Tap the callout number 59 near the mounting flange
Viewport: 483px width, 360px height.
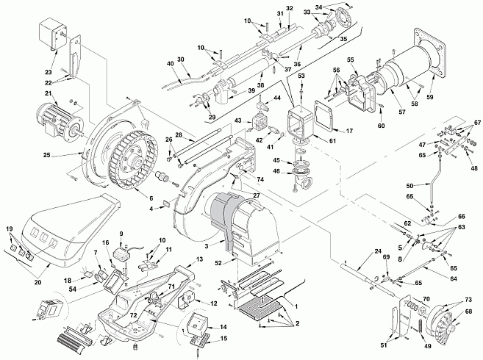click(x=430, y=97)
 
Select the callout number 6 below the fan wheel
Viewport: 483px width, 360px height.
click(x=151, y=198)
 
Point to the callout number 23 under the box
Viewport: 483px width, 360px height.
click(x=49, y=72)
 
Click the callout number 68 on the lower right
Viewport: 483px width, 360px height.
click(x=468, y=312)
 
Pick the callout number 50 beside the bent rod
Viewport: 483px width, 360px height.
click(x=409, y=186)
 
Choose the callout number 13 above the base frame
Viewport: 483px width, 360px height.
click(x=200, y=259)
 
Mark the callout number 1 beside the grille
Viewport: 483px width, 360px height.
click(x=296, y=306)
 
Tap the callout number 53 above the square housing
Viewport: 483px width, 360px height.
click(x=301, y=76)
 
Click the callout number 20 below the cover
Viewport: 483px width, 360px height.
click(x=37, y=282)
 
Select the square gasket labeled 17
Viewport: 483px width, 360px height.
click(x=323, y=116)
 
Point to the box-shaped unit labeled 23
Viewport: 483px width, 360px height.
click(x=53, y=33)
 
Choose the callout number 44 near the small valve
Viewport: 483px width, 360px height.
click(x=277, y=98)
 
